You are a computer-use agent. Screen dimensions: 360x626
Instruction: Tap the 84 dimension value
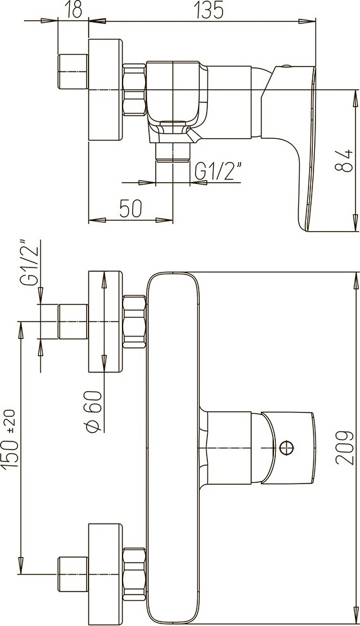(x=343, y=160)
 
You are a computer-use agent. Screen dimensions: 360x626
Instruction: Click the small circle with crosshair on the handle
(x=287, y=447)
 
